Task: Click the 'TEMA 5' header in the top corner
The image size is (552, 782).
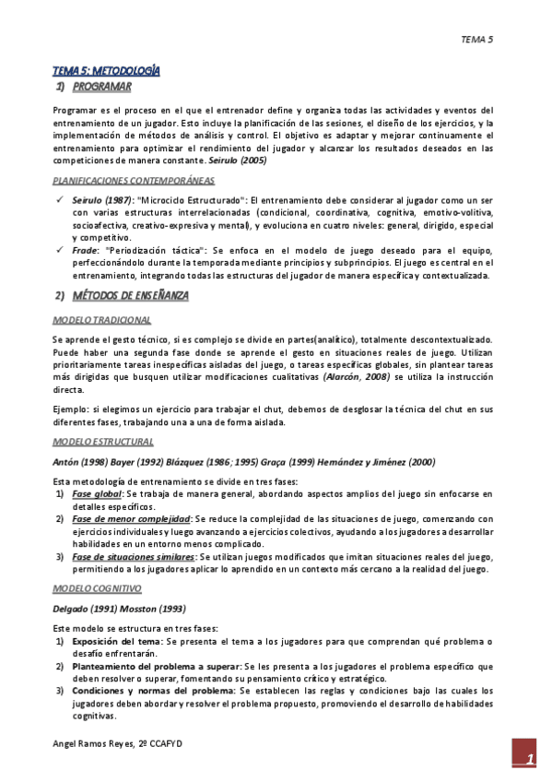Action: [x=477, y=40]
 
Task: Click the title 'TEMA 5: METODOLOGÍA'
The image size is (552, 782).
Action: [x=105, y=70]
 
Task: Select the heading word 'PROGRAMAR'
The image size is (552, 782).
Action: [x=102, y=88]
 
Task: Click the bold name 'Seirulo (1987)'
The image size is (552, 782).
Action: [x=102, y=200]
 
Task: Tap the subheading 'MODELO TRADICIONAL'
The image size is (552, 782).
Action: [x=101, y=320]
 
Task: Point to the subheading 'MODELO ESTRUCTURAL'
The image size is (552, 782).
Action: [x=102, y=442]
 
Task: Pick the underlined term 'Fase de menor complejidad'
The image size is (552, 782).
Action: [x=131, y=518]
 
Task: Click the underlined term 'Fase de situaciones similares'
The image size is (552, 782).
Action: [x=135, y=557]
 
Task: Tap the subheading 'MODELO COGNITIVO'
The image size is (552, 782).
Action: [x=97, y=587]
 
